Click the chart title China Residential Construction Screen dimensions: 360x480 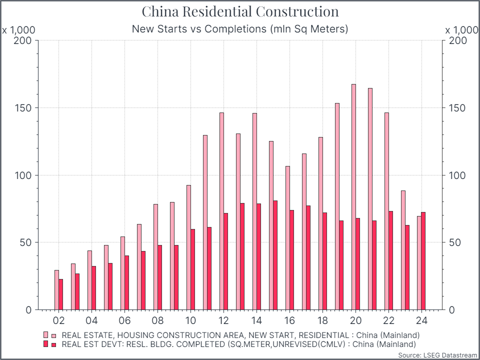[240, 11]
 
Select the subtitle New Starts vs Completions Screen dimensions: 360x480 [240, 29]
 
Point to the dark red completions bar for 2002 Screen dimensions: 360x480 [61, 294]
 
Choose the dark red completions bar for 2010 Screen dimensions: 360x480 [193, 269]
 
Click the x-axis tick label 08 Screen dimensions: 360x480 [157, 320]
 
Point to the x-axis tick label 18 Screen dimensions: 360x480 [322, 320]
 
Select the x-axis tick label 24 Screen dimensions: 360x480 [421, 320]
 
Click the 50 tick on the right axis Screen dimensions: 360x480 [452, 242]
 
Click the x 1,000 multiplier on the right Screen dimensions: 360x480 [461, 30]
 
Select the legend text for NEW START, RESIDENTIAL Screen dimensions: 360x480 [240, 334]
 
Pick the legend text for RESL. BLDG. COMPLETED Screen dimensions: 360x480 [238, 344]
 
